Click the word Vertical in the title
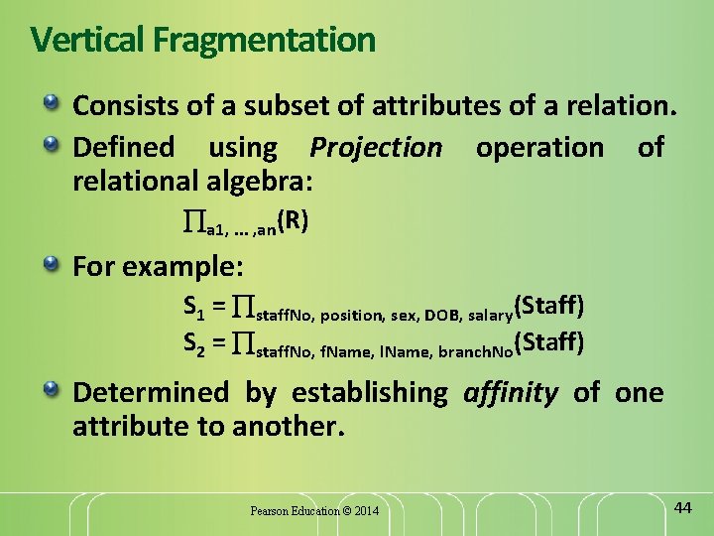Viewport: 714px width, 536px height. (x=88, y=41)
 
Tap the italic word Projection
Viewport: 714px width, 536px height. (x=376, y=148)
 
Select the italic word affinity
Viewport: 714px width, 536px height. (x=511, y=393)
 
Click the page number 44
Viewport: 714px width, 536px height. (x=682, y=508)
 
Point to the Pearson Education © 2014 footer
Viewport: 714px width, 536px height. (x=314, y=511)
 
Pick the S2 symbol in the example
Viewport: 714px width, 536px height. (x=193, y=344)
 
